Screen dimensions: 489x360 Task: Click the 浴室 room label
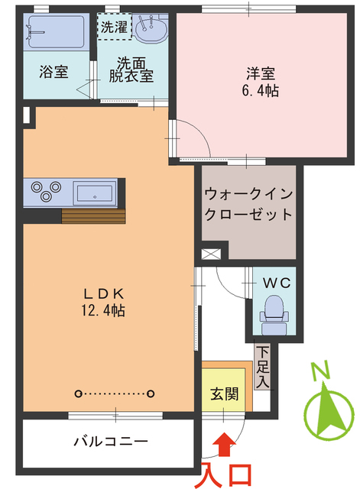tap(54, 73)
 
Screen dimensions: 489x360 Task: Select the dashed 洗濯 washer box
tap(113, 25)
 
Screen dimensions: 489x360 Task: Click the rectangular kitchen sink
tap(95, 191)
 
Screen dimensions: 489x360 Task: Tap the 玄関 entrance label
tap(224, 395)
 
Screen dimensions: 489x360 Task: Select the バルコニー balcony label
tap(110, 442)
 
